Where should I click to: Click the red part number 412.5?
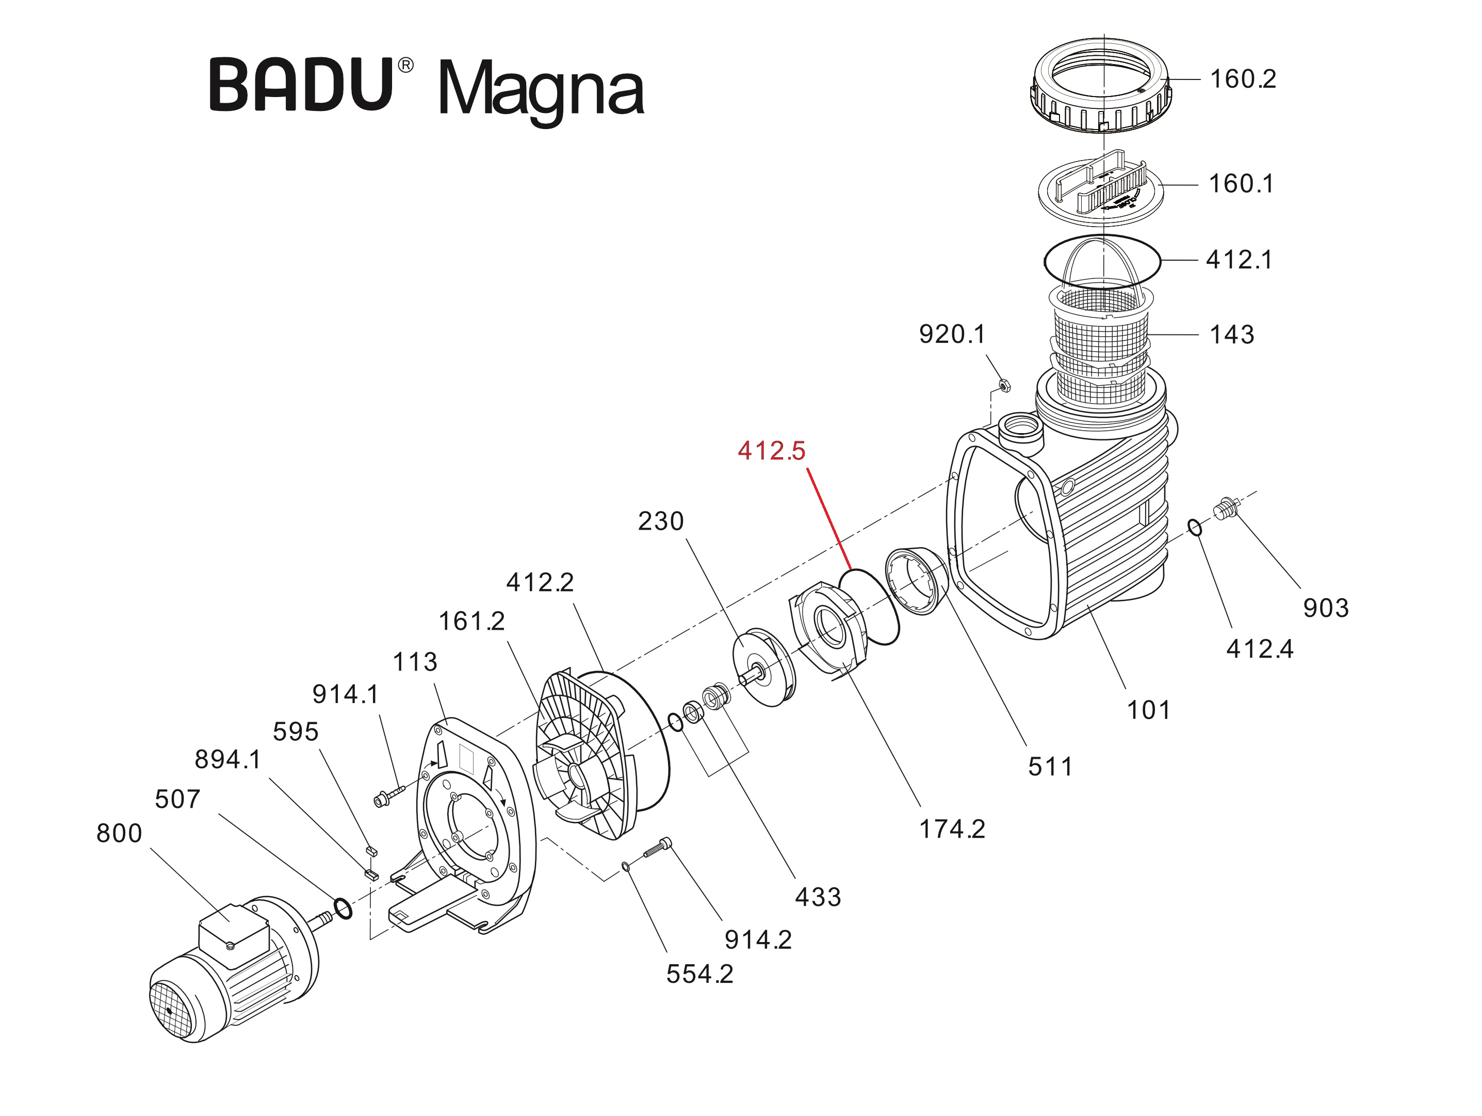tap(771, 451)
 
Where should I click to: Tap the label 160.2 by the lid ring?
tap(1243, 79)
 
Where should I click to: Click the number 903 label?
tap(1325, 608)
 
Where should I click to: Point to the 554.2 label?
tap(699, 974)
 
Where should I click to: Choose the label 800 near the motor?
tap(119, 833)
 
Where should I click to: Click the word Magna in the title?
tap(540, 90)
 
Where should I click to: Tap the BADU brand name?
tap(301, 85)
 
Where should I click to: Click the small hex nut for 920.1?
tap(1004, 386)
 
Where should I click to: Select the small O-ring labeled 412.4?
tap(1195, 528)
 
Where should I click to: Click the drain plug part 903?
tap(1226, 509)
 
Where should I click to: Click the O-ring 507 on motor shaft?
tap(343, 910)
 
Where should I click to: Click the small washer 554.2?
tap(625, 867)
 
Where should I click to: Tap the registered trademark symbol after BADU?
tap(406, 65)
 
